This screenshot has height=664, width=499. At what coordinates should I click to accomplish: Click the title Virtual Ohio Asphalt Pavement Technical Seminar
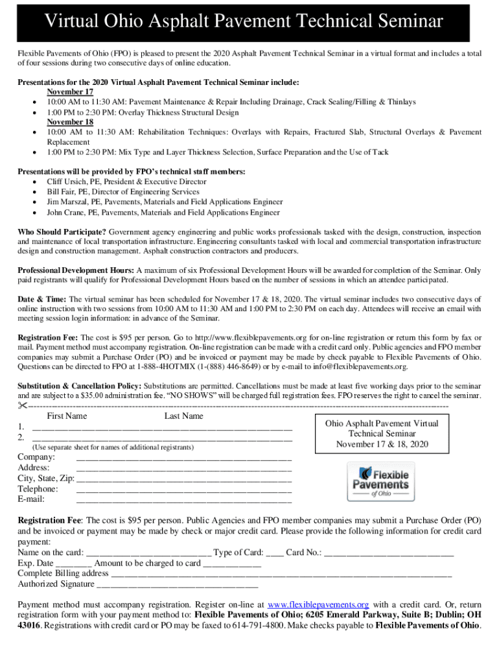(243, 22)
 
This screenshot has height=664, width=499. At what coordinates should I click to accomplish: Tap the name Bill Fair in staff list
(63, 192)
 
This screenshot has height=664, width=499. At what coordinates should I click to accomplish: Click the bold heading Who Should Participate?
(62, 231)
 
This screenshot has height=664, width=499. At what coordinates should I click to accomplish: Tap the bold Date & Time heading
(41, 299)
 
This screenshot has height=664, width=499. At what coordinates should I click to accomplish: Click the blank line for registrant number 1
(162, 429)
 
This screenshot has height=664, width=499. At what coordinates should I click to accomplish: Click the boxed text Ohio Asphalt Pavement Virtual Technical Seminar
(381, 433)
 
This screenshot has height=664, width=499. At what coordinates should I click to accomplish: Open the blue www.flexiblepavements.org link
(318, 604)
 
